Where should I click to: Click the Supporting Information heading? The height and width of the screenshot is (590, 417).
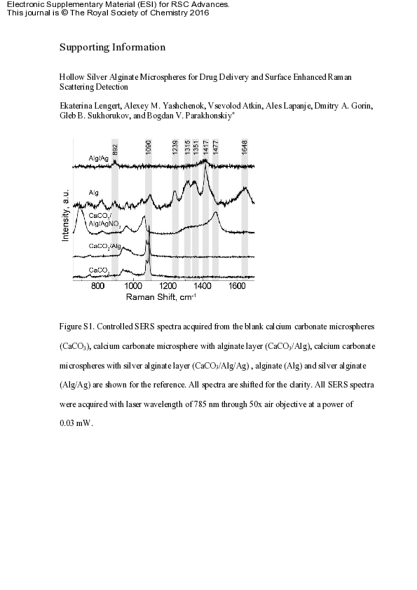point(112,48)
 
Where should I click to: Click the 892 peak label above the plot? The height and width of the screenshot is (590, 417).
point(116,147)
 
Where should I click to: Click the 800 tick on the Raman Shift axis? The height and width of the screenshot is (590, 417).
point(98,287)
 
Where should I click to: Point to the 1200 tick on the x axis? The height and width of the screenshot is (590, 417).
point(168,287)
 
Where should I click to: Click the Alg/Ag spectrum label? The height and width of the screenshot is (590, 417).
point(99,158)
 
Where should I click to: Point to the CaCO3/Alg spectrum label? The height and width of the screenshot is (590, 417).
point(105,246)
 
